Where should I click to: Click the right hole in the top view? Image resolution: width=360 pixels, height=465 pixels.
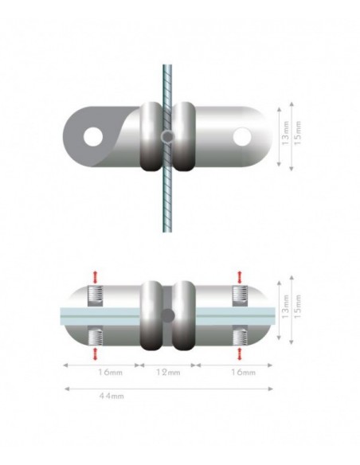pyautogui.click(x=241, y=137)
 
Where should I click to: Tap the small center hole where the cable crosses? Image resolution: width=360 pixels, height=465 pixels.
pyautogui.click(x=167, y=137)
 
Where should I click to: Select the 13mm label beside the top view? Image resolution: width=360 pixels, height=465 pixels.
pyautogui.click(x=284, y=136)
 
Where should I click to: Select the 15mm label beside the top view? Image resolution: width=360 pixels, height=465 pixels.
pyautogui.click(x=299, y=136)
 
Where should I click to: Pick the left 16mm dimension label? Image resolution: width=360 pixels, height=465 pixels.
pyautogui.click(x=102, y=372)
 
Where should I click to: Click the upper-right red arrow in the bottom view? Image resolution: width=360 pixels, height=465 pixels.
pyautogui.click(x=241, y=275)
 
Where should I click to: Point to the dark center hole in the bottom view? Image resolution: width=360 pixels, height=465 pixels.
pyautogui.click(x=167, y=314)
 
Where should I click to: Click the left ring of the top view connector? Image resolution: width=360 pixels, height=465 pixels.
pyautogui.click(x=151, y=136)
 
